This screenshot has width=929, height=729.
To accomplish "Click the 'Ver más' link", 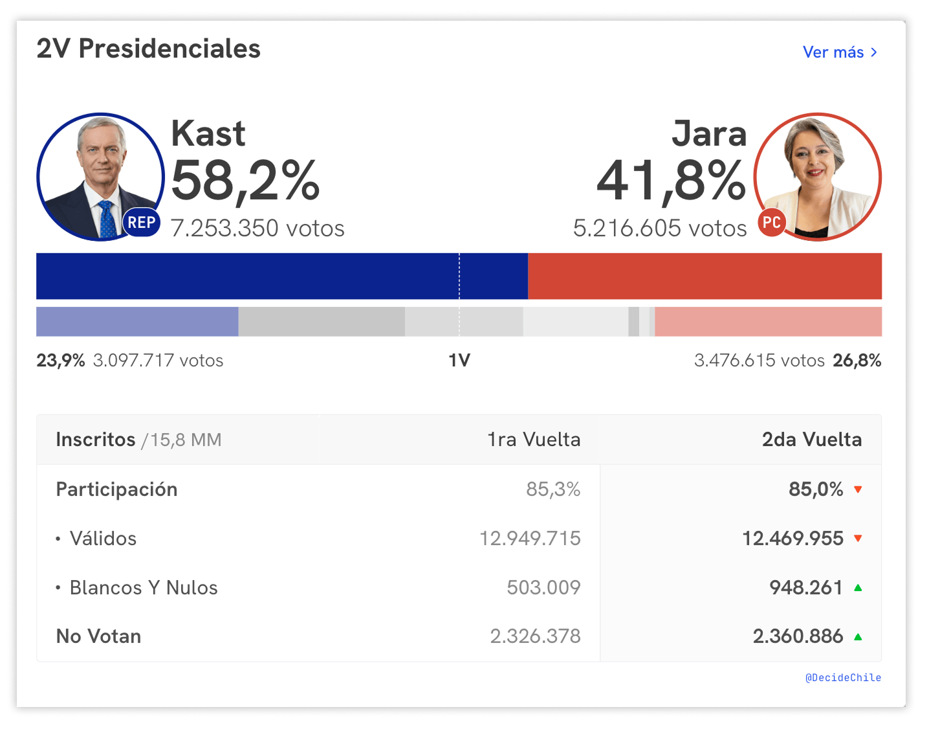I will [839, 52].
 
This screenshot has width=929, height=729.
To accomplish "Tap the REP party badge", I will [141, 223].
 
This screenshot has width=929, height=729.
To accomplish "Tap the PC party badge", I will [771, 223].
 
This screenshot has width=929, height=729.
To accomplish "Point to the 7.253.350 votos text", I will [257, 229].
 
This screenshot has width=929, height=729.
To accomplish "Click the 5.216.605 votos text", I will [660, 229].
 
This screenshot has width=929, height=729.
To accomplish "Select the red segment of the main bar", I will [705, 276].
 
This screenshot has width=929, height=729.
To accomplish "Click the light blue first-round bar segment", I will [137, 322].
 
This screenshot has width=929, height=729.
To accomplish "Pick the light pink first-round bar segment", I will [768, 322].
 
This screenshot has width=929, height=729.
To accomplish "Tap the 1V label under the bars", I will [459, 361].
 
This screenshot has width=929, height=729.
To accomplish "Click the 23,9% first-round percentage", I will [61, 361].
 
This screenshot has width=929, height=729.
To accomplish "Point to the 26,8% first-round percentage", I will [857, 361].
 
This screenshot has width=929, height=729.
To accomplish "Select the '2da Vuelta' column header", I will [811, 440].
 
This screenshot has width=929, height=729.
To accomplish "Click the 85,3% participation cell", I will [553, 489].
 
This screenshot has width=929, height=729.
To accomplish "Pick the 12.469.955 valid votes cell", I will [792, 539].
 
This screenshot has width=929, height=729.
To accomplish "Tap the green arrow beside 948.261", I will [858, 588].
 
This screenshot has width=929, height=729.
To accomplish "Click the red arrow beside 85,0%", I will [858, 489].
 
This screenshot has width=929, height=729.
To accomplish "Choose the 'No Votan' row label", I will [98, 636].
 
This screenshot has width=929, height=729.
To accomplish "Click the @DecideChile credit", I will [843, 678].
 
